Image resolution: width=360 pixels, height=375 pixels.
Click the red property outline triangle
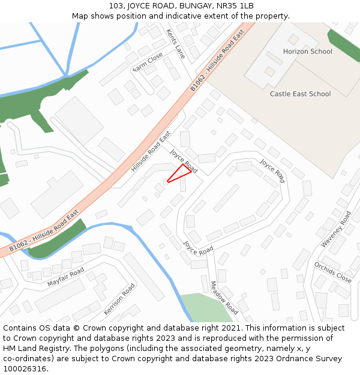181,173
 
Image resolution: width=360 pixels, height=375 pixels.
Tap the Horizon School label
307,52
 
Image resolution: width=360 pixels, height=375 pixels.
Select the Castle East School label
300,94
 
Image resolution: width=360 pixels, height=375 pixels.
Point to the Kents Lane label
176,44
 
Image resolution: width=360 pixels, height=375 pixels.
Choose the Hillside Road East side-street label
151,152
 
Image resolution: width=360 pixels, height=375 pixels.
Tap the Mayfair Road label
66,277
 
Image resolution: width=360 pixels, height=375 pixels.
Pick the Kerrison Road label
119,299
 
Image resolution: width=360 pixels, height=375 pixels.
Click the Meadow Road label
224,298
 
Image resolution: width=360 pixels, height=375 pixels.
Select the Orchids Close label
332,272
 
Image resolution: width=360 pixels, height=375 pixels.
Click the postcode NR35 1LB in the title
233,5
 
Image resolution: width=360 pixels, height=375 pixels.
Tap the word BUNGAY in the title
190,5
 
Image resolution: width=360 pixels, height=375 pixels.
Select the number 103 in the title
116,5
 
